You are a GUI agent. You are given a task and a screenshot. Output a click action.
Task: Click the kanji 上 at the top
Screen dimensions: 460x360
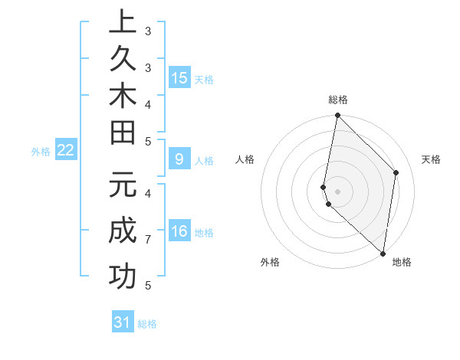pyautogui.click(x=123, y=23)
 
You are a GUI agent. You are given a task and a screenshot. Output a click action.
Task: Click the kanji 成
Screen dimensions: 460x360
pyautogui.click(x=123, y=231)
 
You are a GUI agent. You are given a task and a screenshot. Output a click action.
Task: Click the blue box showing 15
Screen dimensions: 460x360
pyautogui.click(x=179, y=78)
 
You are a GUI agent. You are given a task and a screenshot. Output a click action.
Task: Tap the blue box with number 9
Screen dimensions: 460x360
pyautogui.click(x=179, y=159)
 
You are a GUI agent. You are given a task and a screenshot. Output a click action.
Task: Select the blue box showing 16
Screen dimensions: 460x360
pyautogui.click(x=179, y=231)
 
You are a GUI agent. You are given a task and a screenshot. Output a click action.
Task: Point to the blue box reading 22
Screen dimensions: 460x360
pyautogui.click(x=66, y=151)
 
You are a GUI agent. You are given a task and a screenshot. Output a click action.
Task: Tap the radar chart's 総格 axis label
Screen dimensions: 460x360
pyautogui.click(x=338, y=100)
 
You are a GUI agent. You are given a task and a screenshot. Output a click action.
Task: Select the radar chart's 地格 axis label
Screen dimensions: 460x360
pyautogui.click(x=402, y=262)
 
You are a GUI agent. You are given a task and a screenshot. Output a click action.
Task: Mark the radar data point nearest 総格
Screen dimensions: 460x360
pyautogui.click(x=337, y=116)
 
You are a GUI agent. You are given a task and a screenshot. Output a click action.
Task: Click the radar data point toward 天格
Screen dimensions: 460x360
pyautogui.click(x=396, y=172)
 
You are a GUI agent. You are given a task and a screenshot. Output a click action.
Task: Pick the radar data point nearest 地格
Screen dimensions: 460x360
pyautogui.click(x=383, y=254)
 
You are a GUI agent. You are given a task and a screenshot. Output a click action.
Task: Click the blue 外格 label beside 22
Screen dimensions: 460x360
pyautogui.click(x=41, y=152)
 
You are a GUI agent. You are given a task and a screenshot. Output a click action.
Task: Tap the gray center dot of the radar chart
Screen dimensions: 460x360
pyautogui.click(x=337, y=191)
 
